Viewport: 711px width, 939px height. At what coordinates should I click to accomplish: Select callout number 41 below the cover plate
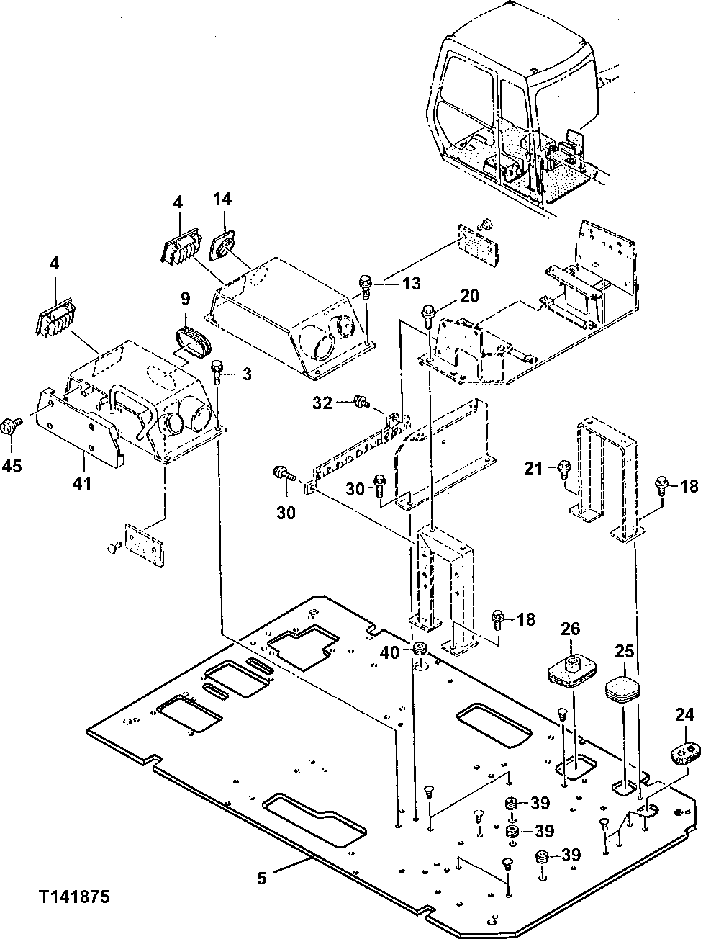(x=82, y=482)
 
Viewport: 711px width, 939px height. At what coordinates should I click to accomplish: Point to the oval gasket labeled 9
(x=192, y=339)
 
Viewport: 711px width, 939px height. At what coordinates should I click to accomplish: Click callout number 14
(x=222, y=198)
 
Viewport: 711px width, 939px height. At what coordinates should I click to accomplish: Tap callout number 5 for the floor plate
(x=262, y=877)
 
